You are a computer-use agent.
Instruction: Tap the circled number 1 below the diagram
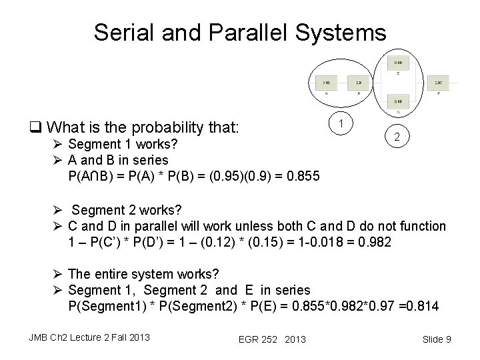(341, 123)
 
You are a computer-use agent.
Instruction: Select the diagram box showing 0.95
(327, 83)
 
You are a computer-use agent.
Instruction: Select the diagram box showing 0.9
(359, 83)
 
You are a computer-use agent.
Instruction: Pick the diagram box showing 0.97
(437, 83)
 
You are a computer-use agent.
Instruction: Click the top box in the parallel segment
(397, 62)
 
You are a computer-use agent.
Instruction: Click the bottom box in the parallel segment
(397, 101)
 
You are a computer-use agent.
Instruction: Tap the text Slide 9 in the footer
(437, 339)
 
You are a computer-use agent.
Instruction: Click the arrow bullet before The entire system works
(59, 274)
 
